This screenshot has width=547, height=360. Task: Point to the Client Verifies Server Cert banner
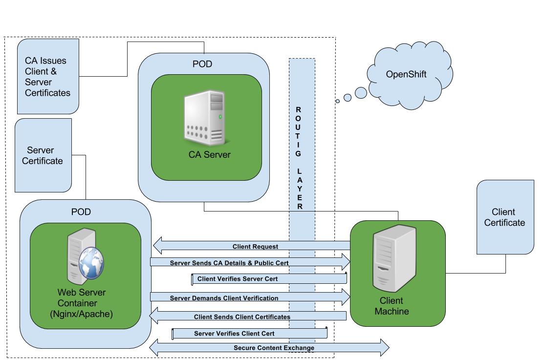tap(268, 279)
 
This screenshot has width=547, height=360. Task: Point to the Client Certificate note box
tap(504, 217)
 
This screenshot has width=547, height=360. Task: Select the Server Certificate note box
tap(43, 155)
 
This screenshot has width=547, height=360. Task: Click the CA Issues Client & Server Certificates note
tap(47, 77)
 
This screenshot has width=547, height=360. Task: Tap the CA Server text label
tap(209, 155)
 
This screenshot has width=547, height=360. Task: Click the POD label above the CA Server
tap(203, 64)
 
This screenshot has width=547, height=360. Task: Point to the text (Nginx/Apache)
tap(81, 314)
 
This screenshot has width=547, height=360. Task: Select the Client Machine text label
tap(392, 306)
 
